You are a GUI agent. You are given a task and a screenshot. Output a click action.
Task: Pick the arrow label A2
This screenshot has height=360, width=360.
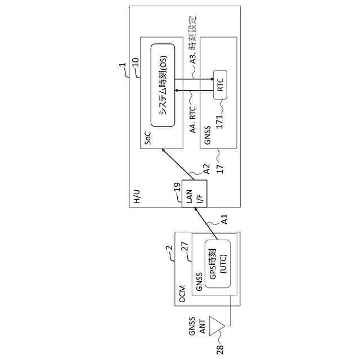(206, 168)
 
